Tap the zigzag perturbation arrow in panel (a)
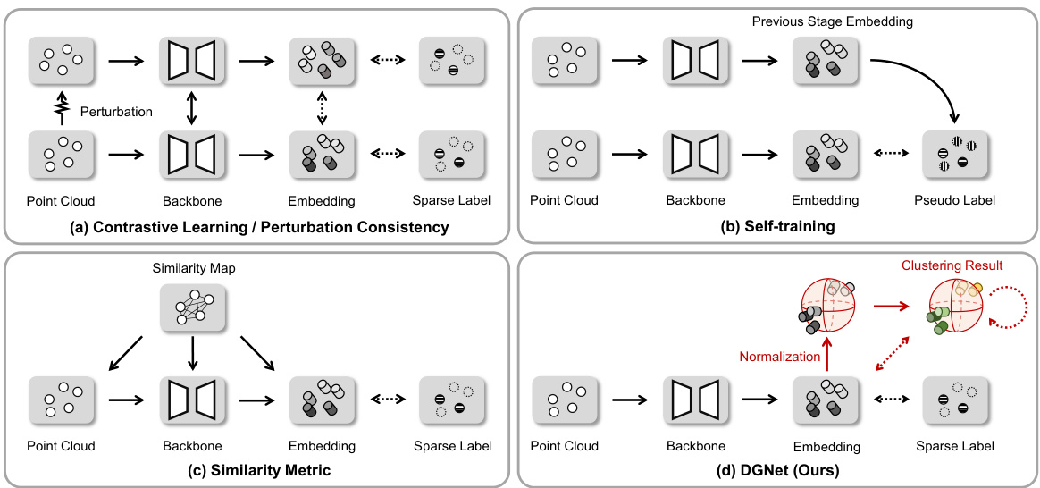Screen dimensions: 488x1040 (62, 109)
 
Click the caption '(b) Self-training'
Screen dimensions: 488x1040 (778, 227)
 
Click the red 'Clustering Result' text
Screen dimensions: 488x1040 (952, 265)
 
